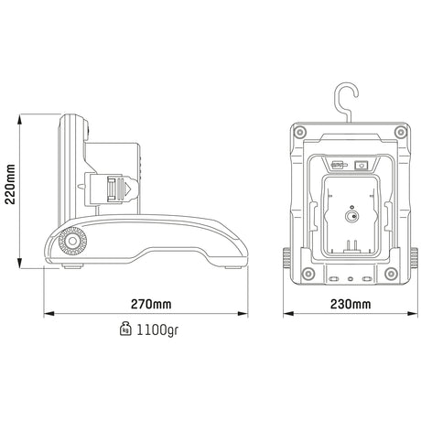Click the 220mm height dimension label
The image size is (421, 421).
click(x=10, y=184)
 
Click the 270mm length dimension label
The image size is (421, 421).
click(x=151, y=304)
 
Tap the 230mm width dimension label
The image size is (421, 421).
click(x=351, y=304)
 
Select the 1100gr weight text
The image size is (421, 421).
click(x=157, y=329)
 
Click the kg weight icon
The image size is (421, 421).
click(x=125, y=329)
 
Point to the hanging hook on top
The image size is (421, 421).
click(x=346, y=101)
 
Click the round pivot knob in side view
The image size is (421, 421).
click(x=72, y=242)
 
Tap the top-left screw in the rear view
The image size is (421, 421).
click(x=300, y=132)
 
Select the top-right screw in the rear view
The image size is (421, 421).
click(x=401, y=132)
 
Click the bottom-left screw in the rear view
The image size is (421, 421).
click(x=308, y=273)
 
